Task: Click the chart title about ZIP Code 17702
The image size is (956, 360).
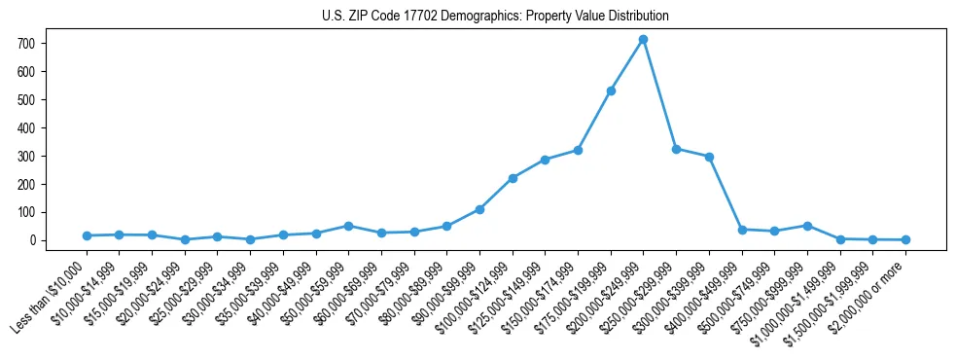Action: tap(495, 17)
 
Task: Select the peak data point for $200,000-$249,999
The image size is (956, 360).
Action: tap(643, 40)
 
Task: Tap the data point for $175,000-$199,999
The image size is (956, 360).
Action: tap(611, 90)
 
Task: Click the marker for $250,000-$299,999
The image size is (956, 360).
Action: tap(676, 149)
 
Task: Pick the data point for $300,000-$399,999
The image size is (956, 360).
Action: tap(709, 157)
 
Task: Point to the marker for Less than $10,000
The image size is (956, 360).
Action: tap(87, 235)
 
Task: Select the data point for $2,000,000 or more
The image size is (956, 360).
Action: tap(905, 239)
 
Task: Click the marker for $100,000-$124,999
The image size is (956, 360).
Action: tap(513, 178)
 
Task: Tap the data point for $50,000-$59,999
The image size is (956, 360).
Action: tap(348, 226)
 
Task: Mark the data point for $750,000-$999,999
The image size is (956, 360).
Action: tap(807, 226)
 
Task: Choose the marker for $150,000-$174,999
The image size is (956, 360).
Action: tap(578, 150)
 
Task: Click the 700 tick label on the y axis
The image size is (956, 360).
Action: tap(26, 44)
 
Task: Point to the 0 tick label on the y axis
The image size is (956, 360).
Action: tap(32, 240)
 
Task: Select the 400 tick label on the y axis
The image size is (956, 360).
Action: tap(26, 127)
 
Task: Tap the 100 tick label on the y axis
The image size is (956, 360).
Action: tap(26, 212)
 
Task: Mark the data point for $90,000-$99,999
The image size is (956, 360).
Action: tap(479, 209)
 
